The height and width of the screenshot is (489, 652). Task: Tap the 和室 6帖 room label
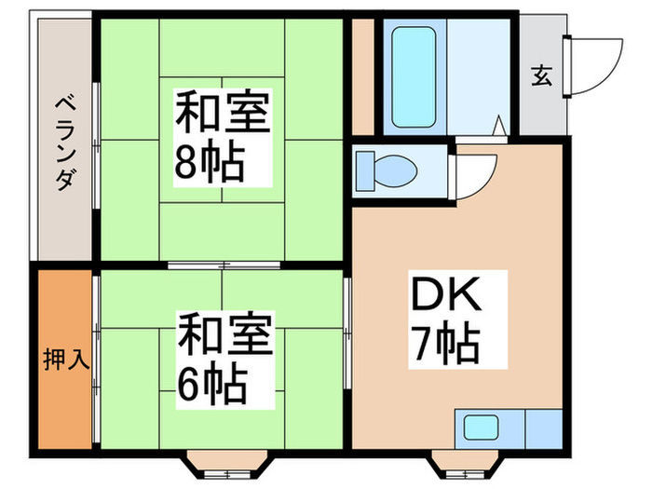[224, 359]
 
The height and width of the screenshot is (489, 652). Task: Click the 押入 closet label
[65, 359]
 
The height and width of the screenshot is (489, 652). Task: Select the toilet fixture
[387, 170]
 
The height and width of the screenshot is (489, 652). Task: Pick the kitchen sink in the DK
[482, 431]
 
